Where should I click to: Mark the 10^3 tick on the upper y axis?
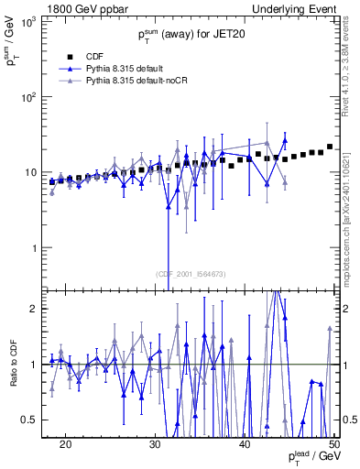click(x=32, y=21)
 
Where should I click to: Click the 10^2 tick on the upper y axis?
click(x=32, y=97)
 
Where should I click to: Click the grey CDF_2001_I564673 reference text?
click(x=191, y=275)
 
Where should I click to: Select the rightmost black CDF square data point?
click(x=330, y=147)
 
